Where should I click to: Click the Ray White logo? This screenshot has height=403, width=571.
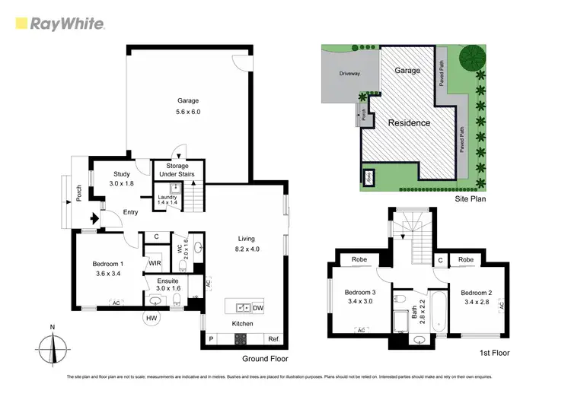point(59,24)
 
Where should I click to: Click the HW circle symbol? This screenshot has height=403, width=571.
point(152,318)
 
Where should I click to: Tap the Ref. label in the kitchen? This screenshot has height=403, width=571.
point(273,339)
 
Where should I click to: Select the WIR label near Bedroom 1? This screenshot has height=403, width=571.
point(155,263)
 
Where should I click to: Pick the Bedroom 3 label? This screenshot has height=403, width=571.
point(359,293)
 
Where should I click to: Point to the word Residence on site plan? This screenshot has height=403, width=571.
point(409,122)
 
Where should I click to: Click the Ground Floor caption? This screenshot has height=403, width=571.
point(266,358)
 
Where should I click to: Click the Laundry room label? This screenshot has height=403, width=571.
point(167,198)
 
